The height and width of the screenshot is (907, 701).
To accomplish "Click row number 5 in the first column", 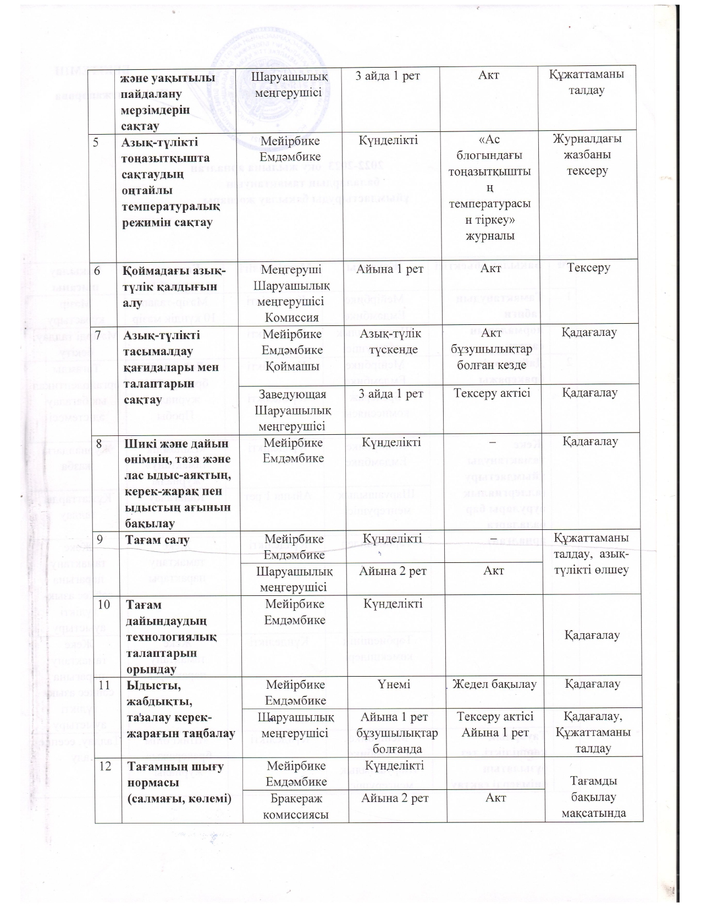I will (96, 140).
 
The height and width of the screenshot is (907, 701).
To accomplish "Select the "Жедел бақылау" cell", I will (494, 684).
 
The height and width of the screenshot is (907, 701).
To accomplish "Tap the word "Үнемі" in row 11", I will (394, 684).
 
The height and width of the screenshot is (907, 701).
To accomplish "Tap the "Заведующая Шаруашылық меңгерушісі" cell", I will (292, 410).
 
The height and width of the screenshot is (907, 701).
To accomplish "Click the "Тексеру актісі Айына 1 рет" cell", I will (493, 724).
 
